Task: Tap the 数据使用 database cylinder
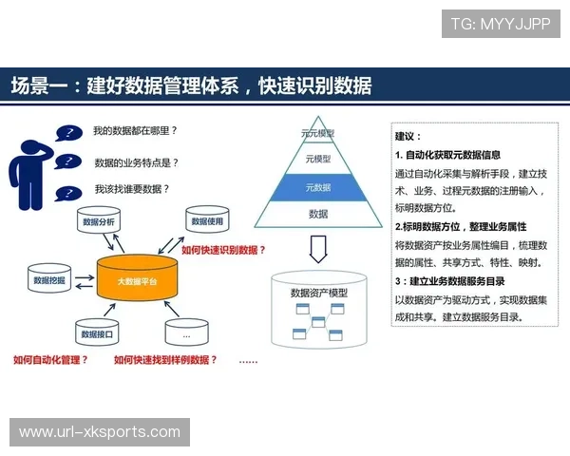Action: [x=206, y=222]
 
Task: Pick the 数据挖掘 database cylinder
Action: [x=48, y=281]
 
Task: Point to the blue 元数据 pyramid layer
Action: [x=317, y=187]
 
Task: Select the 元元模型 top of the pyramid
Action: [x=317, y=134]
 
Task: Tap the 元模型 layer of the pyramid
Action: [x=317, y=159]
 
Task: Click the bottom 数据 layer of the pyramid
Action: [x=317, y=214]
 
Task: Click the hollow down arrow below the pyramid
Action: [x=318, y=250]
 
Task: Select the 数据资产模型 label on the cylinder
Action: [x=318, y=293]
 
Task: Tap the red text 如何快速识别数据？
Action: [x=223, y=250]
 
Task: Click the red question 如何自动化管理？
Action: [x=50, y=360]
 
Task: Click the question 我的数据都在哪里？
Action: [x=136, y=130]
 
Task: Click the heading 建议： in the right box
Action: [x=408, y=136]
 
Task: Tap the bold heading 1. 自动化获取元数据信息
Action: [x=447, y=154]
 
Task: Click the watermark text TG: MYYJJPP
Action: [x=500, y=24]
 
